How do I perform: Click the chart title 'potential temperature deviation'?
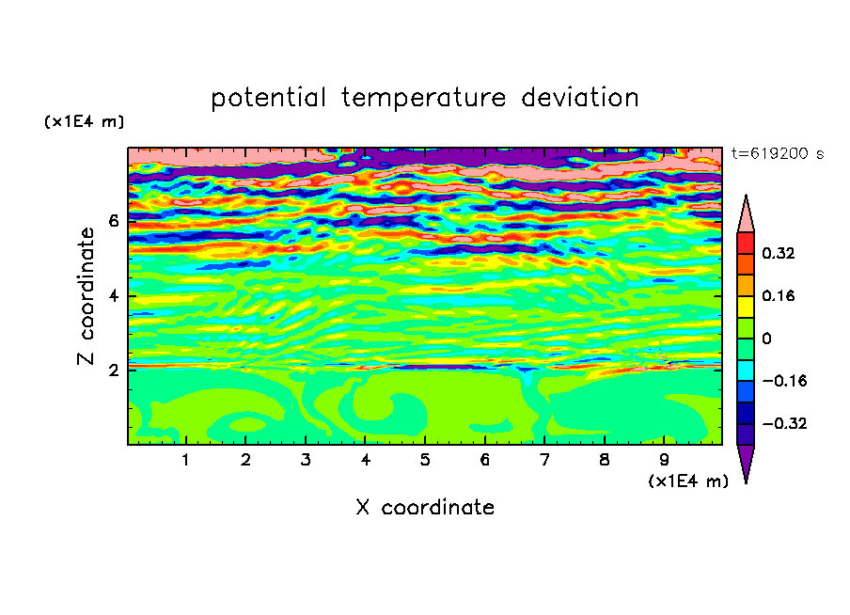(424, 98)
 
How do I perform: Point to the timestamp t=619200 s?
(778, 154)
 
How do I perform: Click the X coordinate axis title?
(425, 507)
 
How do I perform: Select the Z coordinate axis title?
(86, 295)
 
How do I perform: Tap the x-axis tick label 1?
(185, 460)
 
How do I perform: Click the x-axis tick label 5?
(425, 460)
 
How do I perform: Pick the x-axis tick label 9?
(664, 460)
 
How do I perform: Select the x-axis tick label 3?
(306, 460)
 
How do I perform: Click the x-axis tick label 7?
(544, 460)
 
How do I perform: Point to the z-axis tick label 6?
(113, 221)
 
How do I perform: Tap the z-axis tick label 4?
(113, 296)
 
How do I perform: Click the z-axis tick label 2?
(113, 371)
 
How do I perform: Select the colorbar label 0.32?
(778, 253)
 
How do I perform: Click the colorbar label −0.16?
(784, 381)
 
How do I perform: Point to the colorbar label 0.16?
(778, 295)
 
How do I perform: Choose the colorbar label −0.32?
(784, 423)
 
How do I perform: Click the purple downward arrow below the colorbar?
(746, 461)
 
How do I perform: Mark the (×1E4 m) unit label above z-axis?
(84, 121)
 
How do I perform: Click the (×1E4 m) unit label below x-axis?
(688, 481)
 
